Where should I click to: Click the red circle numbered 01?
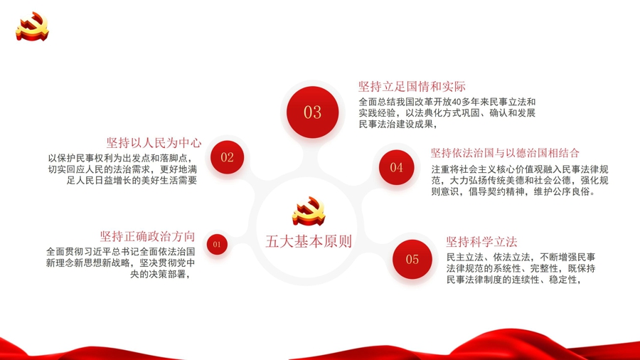point(217,244)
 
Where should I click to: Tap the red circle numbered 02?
point(228,157)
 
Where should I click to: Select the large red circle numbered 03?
point(313,112)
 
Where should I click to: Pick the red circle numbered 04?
point(396,167)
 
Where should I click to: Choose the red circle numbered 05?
point(412,259)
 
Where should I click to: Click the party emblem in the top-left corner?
point(32,26)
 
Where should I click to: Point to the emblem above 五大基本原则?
point(309,211)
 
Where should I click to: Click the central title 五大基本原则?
point(309,241)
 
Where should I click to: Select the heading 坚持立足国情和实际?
point(412,87)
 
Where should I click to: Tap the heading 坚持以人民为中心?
point(154,143)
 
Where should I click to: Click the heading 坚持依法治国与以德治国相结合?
point(505,153)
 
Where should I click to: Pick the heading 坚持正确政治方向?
point(147,236)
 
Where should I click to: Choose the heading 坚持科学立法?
point(481,242)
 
